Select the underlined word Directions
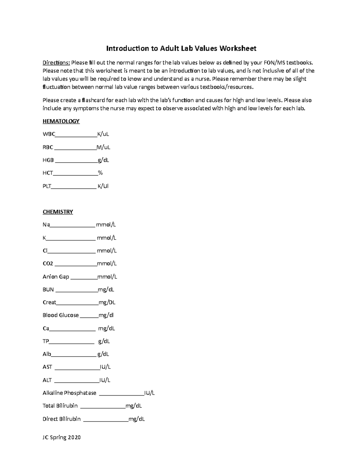coord(56,63)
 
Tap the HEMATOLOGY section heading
coord(61,121)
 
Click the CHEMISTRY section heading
coord(58,212)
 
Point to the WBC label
coord(49,134)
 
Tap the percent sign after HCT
coord(100,173)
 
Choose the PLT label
coord(47,186)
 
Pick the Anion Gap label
coord(56,277)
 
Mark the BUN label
coord(48,290)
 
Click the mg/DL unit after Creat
coord(107,302)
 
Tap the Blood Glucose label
coord(60,315)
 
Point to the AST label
coord(47,367)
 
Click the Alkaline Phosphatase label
coord(70,393)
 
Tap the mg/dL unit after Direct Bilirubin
coord(137,419)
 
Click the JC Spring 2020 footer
coord(62,437)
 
